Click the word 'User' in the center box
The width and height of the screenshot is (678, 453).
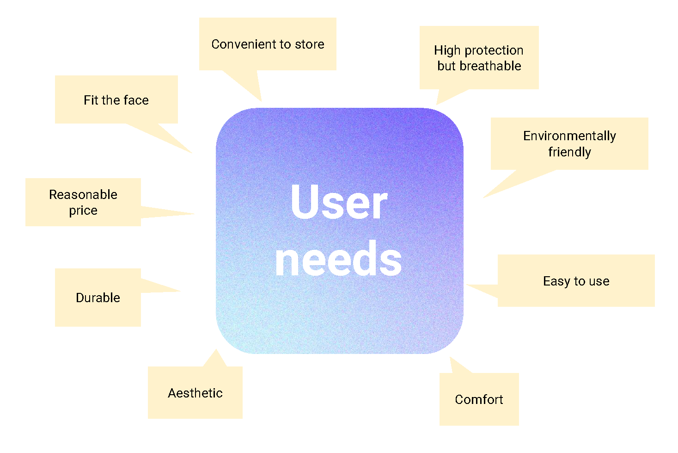pyautogui.click(x=339, y=202)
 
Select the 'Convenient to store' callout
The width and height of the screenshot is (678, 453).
pyautogui.click(x=268, y=44)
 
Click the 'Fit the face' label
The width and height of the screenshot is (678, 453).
pyautogui.click(x=116, y=100)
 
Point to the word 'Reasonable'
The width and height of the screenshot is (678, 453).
pyautogui.click(x=83, y=194)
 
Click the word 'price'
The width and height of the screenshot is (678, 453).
pyautogui.click(x=83, y=211)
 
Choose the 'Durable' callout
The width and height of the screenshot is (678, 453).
pyautogui.click(x=98, y=298)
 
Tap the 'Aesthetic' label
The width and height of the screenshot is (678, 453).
pyautogui.click(x=195, y=393)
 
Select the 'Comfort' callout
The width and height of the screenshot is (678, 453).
pyautogui.click(x=479, y=399)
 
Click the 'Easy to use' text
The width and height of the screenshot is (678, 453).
pyautogui.click(x=576, y=281)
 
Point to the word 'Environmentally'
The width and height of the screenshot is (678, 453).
pyautogui.click(x=569, y=136)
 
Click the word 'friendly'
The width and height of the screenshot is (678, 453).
pyautogui.click(x=569, y=152)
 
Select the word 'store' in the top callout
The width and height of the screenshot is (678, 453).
pyautogui.click(x=310, y=44)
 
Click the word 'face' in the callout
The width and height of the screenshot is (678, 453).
pyautogui.click(x=136, y=100)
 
